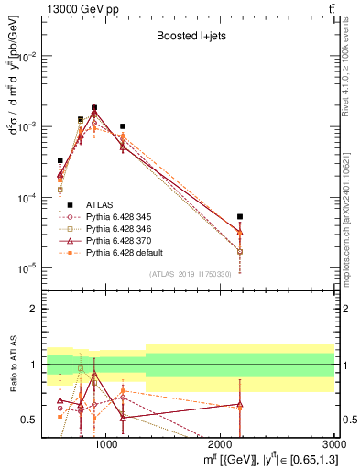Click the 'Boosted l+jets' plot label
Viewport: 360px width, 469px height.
[190, 38]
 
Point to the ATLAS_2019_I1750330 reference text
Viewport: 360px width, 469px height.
[189, 274]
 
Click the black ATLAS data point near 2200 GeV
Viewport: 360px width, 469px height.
[239, 217]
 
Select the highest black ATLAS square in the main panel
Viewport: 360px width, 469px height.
[94, 107]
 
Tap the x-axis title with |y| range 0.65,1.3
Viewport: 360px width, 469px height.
[267, 459]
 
